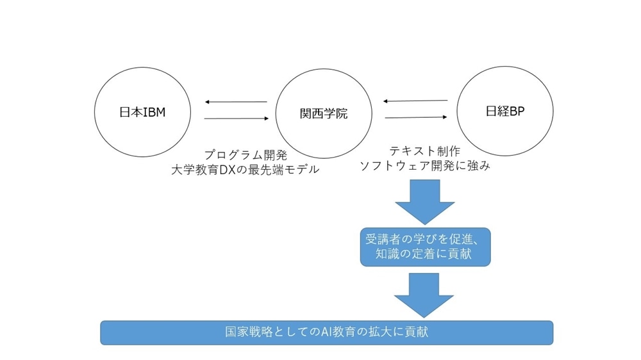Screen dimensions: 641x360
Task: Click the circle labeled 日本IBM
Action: (94, 112)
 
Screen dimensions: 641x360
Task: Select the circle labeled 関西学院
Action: (276, 113)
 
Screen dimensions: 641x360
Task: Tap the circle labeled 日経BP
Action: (457, 111)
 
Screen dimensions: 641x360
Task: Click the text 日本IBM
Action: (142, 112)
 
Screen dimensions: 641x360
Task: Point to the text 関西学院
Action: (324, 113)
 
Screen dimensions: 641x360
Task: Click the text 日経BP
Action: (505, 111)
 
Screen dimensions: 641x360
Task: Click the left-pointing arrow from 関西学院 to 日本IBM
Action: (236, 102)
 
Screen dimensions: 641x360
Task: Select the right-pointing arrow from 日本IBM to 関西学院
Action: (237, 119)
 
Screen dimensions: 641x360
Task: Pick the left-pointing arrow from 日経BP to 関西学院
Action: (415, 101)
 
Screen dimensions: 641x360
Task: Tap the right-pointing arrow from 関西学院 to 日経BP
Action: (416, 117)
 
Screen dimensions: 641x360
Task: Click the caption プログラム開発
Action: (246, 155)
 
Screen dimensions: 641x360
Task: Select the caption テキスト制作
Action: (425, 151)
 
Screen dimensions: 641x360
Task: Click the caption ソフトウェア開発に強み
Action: (425, 165)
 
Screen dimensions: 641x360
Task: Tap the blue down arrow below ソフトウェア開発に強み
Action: (425, 202)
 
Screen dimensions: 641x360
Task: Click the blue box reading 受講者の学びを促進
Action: (425, 247)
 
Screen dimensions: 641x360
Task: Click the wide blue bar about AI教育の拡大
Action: (327, 332)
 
